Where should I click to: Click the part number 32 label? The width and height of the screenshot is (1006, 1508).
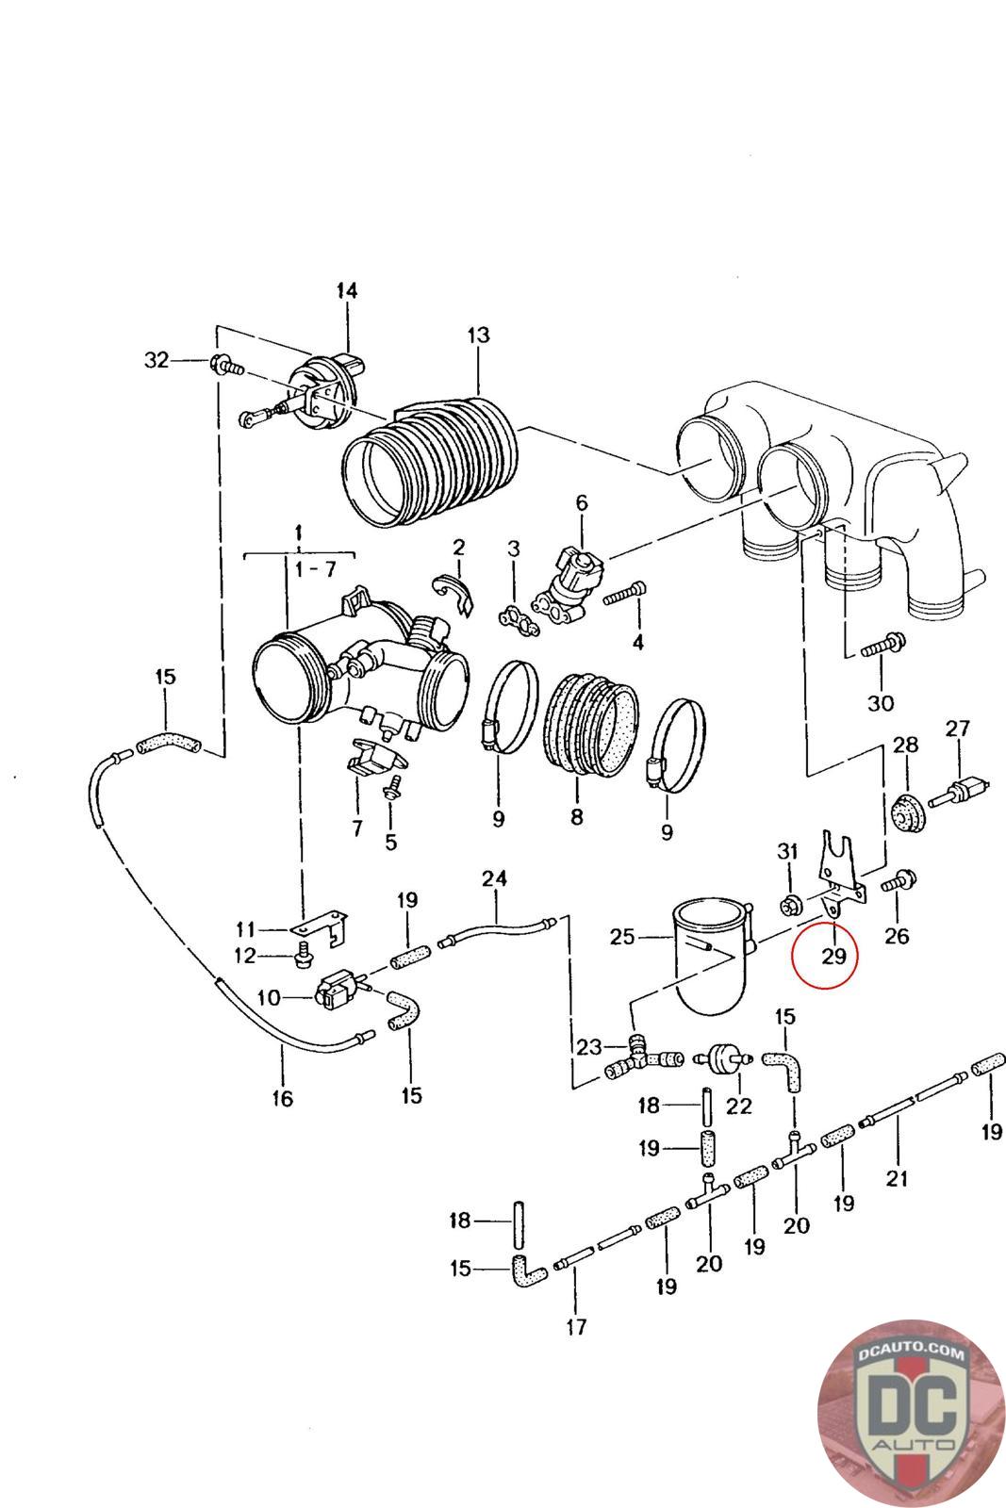tap(157, 359)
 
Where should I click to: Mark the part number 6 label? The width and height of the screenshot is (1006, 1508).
tap(581, 503)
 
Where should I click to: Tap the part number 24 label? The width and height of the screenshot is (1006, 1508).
tap(494, 878)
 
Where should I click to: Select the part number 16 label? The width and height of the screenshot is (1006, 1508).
tap(282, 1098)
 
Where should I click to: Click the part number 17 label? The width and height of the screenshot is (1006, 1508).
tap(576, 1327)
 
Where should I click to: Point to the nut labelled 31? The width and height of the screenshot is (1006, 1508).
tap(788, 908)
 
